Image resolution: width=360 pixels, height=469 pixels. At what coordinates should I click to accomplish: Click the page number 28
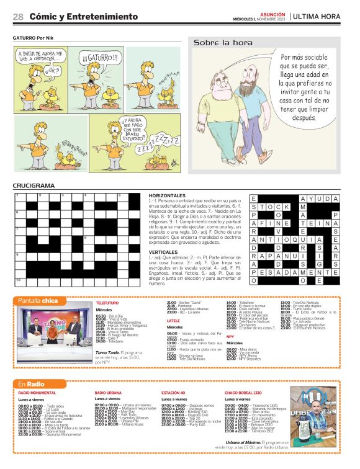[18, 17]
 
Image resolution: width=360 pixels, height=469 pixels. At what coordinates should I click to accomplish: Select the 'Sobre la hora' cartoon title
[223, 43]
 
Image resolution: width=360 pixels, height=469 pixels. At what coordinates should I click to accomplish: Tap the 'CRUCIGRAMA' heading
[34, 185]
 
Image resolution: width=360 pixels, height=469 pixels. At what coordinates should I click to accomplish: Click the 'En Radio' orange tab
[30, 385]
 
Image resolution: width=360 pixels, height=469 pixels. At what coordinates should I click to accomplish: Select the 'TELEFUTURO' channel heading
[107, 302]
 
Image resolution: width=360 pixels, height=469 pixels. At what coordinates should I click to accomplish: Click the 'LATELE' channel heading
[173, 321]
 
